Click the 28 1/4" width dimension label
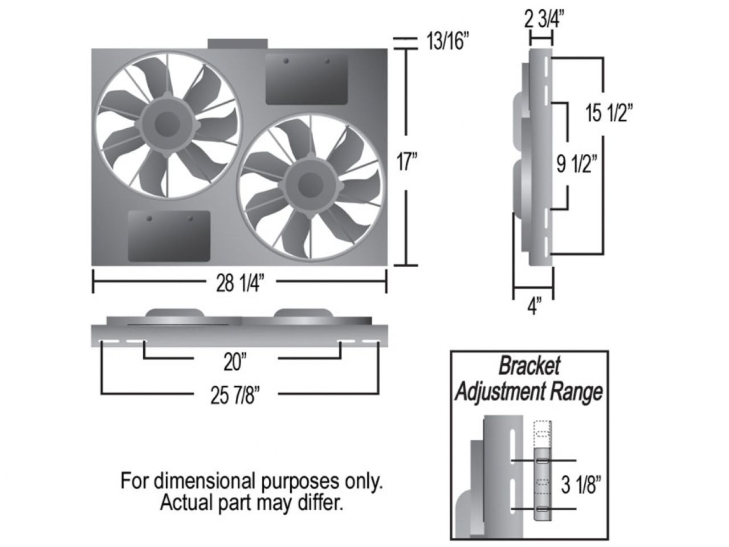(x=239, y=283)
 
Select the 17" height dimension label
(x=408, y=164)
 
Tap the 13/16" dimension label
(x=448, y=42)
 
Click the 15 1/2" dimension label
(x=609, y=113)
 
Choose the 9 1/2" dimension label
(x=576, y=165)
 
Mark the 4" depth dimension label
(x=533, y=308)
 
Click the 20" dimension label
(x=235, y=361)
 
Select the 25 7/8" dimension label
(x=235, y=395)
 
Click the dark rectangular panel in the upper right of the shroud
(x=307, y=79)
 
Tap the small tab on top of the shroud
(x=238, y=44)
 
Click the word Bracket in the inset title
(x=530, y=366)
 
